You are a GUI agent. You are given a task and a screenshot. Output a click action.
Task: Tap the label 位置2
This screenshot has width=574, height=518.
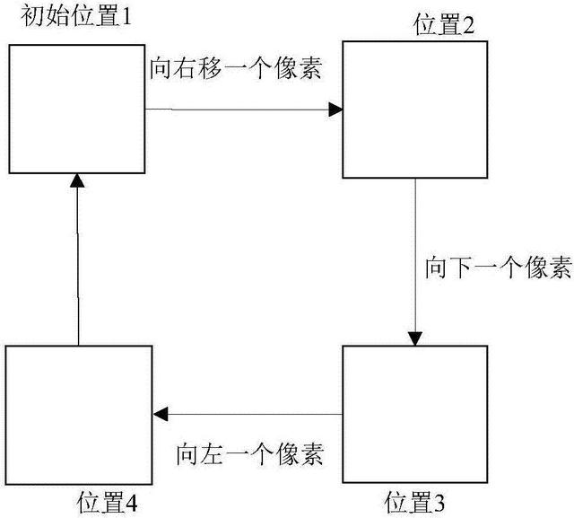click(x=444, y=24)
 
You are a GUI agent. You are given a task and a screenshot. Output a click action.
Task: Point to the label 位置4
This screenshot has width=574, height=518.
click(x=108, y=501)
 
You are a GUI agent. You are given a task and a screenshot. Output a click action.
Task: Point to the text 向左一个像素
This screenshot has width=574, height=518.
click(x=249, y=450)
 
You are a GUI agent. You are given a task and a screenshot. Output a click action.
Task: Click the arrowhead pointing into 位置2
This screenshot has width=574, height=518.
click(x=336, y=110)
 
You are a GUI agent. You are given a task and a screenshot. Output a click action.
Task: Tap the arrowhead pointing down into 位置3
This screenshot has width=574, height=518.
click(x=414, y=339)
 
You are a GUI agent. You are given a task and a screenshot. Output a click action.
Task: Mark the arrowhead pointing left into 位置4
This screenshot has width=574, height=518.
click(x=160, y=414)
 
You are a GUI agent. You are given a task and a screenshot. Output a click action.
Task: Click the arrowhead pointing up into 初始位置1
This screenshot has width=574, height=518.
click(x=77, y=182)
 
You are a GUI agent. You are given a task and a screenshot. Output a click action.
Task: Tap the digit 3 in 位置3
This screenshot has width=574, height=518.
click(x=439, y=501)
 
